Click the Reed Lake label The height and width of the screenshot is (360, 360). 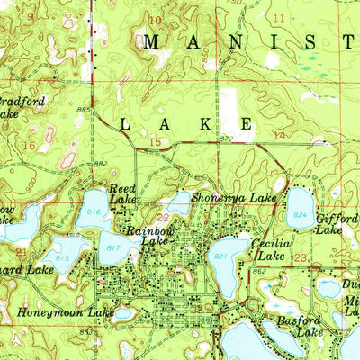[122, 194]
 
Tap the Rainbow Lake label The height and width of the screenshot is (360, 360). [148, 235]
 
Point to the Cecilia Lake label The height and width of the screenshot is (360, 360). [269, 249]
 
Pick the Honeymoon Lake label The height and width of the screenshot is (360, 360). [66, 312]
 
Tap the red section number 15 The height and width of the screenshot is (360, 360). [156, 142]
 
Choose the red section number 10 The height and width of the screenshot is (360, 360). [156, 20]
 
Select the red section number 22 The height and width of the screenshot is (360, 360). [163, 217]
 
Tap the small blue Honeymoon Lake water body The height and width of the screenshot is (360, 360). [123, 314]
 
